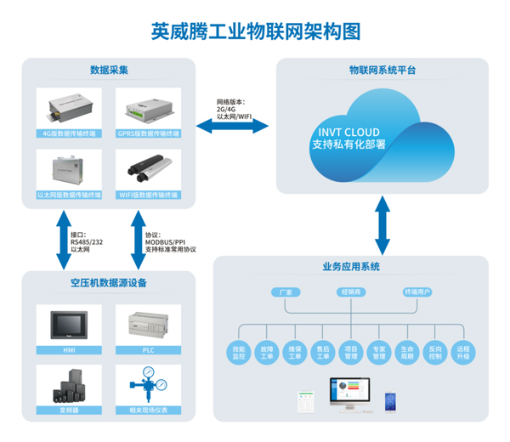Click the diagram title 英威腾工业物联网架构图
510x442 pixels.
254,30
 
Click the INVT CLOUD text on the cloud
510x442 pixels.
348,133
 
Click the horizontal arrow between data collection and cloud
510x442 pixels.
231,127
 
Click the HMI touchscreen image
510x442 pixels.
69,324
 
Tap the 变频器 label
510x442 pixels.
69,410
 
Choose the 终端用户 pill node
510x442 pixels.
416,292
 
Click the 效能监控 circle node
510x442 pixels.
240,352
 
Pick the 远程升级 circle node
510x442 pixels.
463,352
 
